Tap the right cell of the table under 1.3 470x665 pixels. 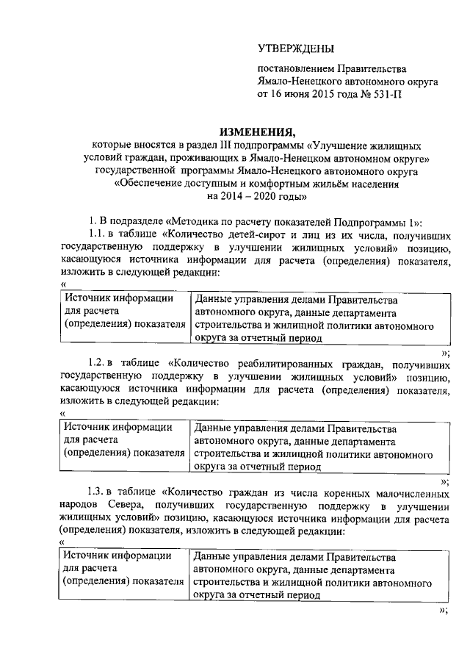pos(319,577)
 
